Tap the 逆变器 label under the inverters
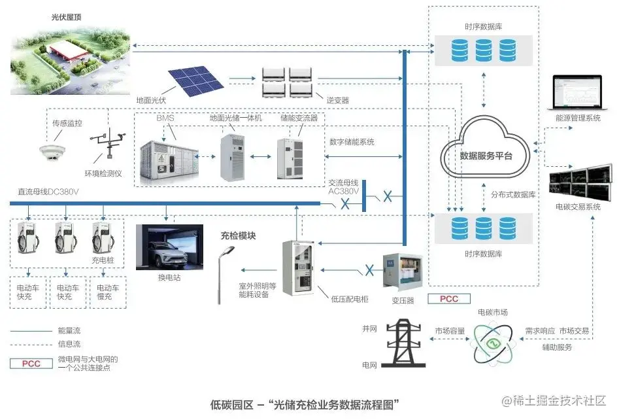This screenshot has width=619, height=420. pyautogui.click(x=337, y=100)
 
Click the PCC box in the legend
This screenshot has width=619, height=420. pyautogui.click(x=31, y=363)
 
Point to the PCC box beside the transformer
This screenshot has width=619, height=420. pyautogui.click(x=448, y=299)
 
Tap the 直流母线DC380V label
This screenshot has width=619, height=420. pyautogui.click(x=48, y=192)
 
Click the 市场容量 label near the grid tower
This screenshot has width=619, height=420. pyautogui.click(x=450, y=331)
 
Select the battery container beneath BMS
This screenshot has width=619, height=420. pyautogui.click(x=173, y=158)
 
